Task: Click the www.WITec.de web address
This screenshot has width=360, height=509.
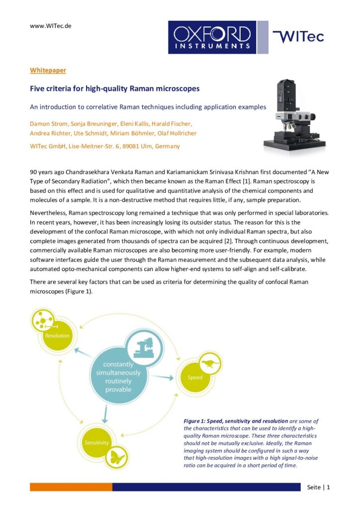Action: pos(50,26)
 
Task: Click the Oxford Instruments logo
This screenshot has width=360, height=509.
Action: pos(212,37)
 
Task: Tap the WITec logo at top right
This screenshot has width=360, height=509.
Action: pos(298,36)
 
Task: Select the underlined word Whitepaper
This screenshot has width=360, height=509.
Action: pos(48,71)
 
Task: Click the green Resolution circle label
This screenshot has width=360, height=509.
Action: pos(57,336)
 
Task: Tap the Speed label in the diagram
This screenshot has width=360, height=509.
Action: pos(195,378)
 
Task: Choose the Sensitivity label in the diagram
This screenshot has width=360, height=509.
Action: pos(97,442)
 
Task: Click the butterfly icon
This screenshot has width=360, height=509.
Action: pos(117,457)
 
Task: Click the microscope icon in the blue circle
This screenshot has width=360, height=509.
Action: pos(144,347)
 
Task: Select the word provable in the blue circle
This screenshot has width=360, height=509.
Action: pos(118,390)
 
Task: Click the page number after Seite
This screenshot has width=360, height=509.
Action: pos(328,487)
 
